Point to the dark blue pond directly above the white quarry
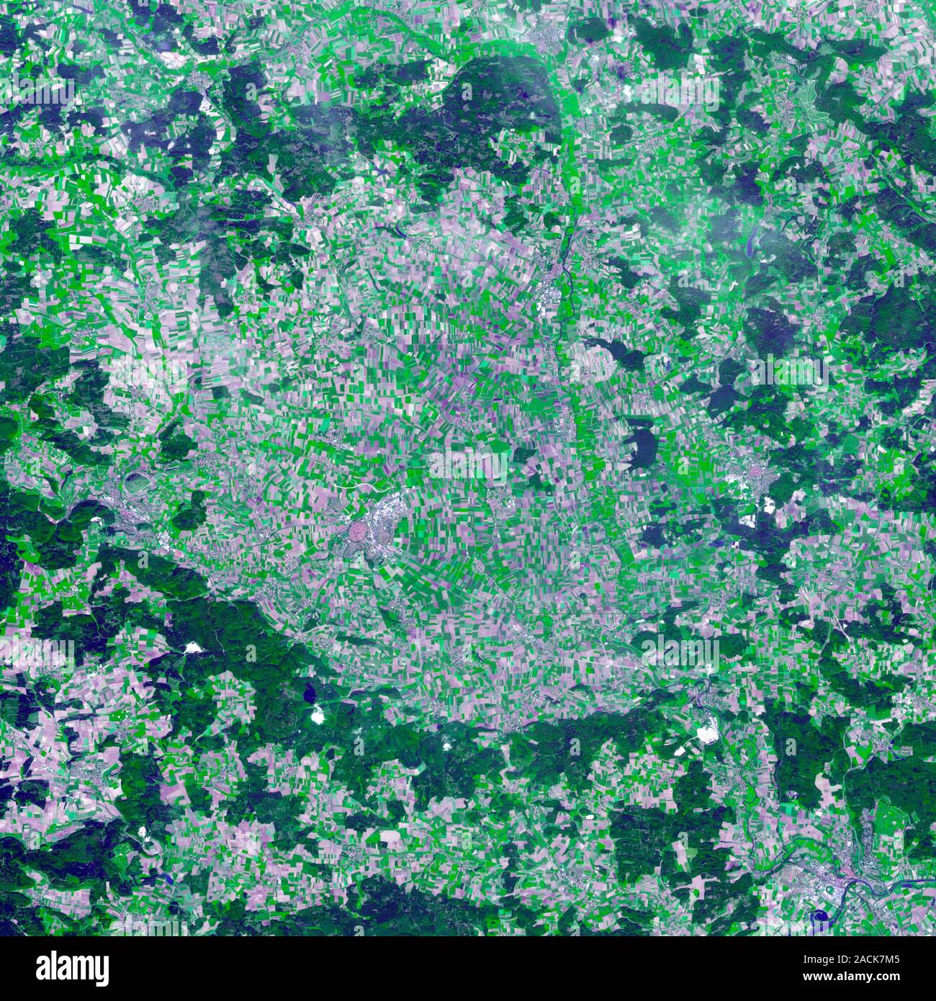[x=311, y=694]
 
